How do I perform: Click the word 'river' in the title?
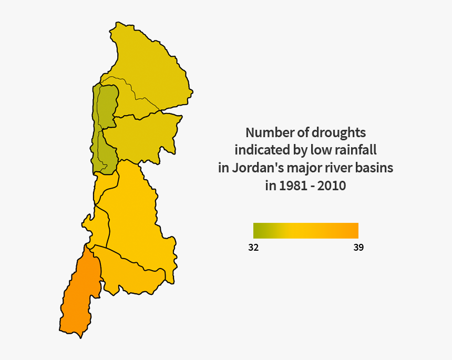pyautogui.click(x=343, y=168)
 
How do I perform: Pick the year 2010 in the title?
pyautogui.click(x=332, y=186)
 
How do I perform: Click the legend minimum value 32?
pyautogui.click(x=253, y=248)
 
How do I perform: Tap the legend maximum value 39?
pyautogui.click(x=358, y=248)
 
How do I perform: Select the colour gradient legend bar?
pyautogui.click(x=306, y=231)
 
